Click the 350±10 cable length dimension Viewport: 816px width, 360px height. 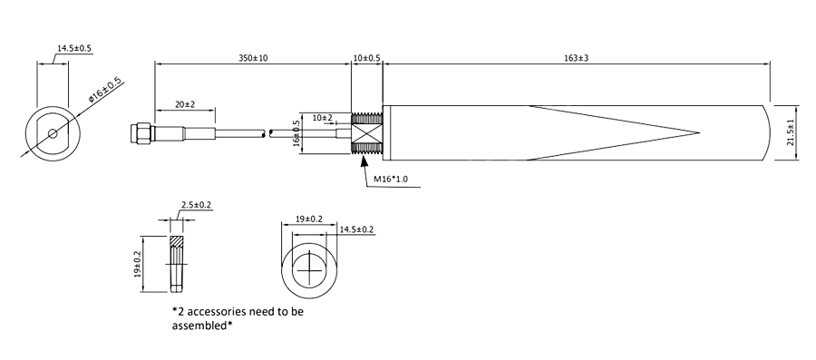tap(253, 58)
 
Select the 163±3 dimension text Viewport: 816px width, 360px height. tap(576, 58)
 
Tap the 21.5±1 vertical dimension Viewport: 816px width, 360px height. tap(790, 132)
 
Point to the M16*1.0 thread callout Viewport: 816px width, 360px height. tap(391, 180)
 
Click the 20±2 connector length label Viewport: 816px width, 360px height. tap(184, 104)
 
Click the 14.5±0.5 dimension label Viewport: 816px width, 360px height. tap(74, 48)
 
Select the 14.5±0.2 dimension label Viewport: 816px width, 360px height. tap(356, 229)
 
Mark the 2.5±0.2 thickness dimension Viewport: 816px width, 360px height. tap(196, 205)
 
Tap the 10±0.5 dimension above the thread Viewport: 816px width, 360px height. tap(366, 58)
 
